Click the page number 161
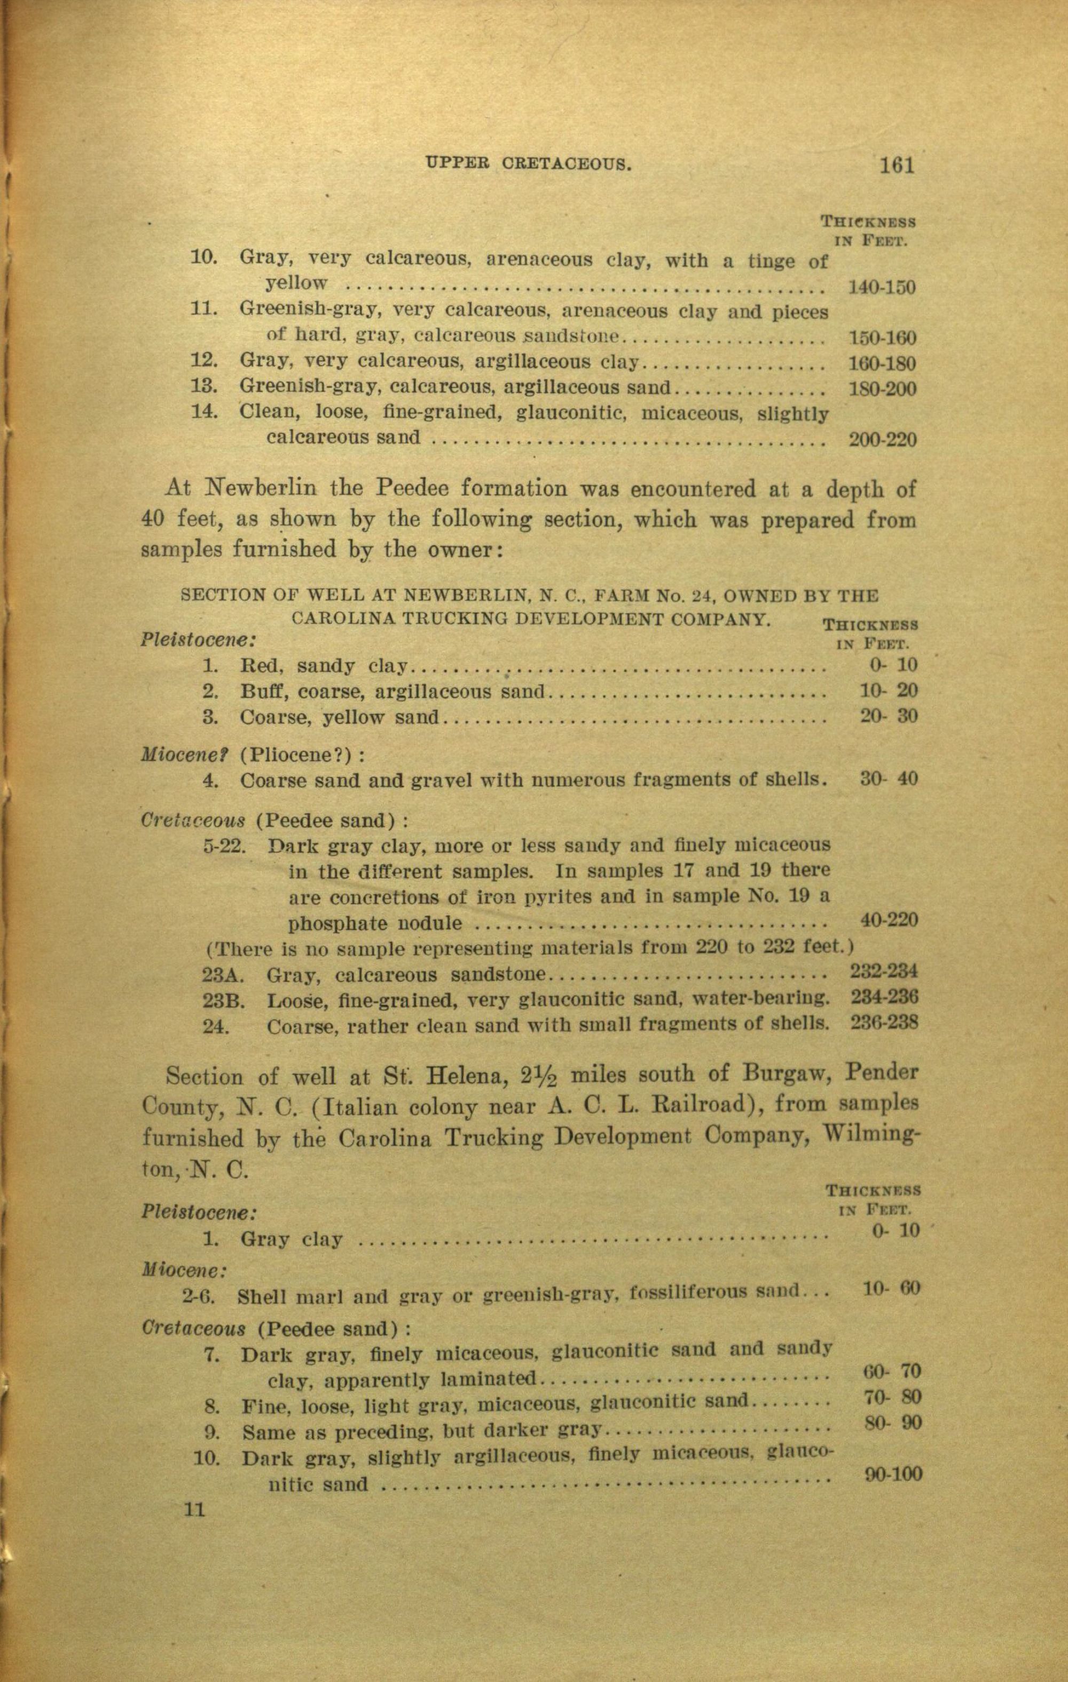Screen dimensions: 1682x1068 point(897,166)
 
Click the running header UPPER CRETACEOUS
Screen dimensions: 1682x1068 point(528,165)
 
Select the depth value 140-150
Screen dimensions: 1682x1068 point(881,287)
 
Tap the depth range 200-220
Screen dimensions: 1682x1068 point(882,440)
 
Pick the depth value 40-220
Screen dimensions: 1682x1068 point(889,920)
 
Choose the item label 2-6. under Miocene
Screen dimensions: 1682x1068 point(198,1297)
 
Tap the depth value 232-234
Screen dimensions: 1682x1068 point(884,971)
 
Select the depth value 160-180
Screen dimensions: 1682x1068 point(882,363)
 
